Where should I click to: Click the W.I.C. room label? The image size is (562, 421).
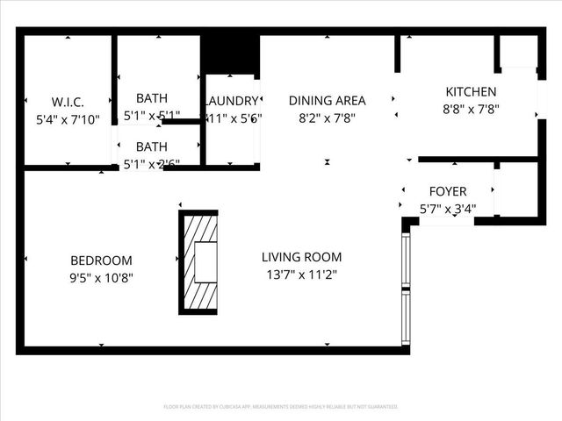pyautogui.click(x=68, y=102)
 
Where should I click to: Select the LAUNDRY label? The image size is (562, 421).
pyautogui.click(x=232, y=102)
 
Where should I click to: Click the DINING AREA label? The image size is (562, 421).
pyautogui.click(x=327, y=101)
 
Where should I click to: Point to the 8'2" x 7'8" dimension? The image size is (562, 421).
pyautogui.click(x=327, y=118)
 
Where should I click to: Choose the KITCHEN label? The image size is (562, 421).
pyautogui.click(x=471, y=92)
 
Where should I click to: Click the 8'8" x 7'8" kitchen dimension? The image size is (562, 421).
pyautogui.click(x=471, y=109)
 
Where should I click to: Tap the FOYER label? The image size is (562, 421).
pyautogui.click(x=447, y=191)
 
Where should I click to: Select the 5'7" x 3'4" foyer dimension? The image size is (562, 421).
pyautogui.click(x=447, y=209)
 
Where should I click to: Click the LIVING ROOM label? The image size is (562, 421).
pyautogui.click(x=301, y=257)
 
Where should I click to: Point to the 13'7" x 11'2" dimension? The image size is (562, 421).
pyautogui.click(x=301, y=275)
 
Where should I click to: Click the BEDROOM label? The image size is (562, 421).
pyautogui.click(x=101, y=260)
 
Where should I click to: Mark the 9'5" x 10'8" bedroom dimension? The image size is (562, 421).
pyautogui.click(x=101, y=278)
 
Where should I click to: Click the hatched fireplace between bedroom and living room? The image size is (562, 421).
pyautogui.click(x=198, y=262)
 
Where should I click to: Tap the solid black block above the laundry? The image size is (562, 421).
pyautogui.click(x=231, y=54)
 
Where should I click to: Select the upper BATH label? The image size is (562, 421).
pyautogui.click(x=152, y=98)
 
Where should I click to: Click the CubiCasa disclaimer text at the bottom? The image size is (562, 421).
pyautogui.click(x=281, y=407)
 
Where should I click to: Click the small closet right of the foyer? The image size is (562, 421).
pyautogui.click(x=515, y=189)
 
